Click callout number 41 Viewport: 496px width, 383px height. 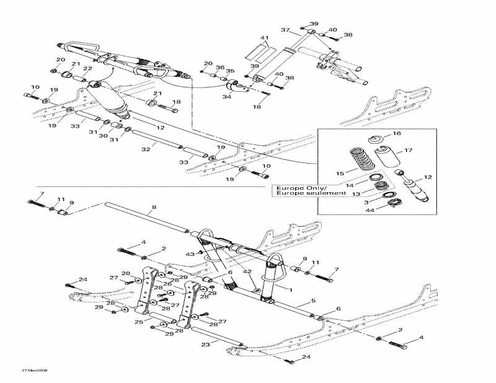(265, 38)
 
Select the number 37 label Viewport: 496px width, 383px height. (285, 30)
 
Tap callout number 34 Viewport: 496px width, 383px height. (227, 97)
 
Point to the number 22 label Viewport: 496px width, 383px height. (87, 69)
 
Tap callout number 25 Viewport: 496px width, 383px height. (139, 322)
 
